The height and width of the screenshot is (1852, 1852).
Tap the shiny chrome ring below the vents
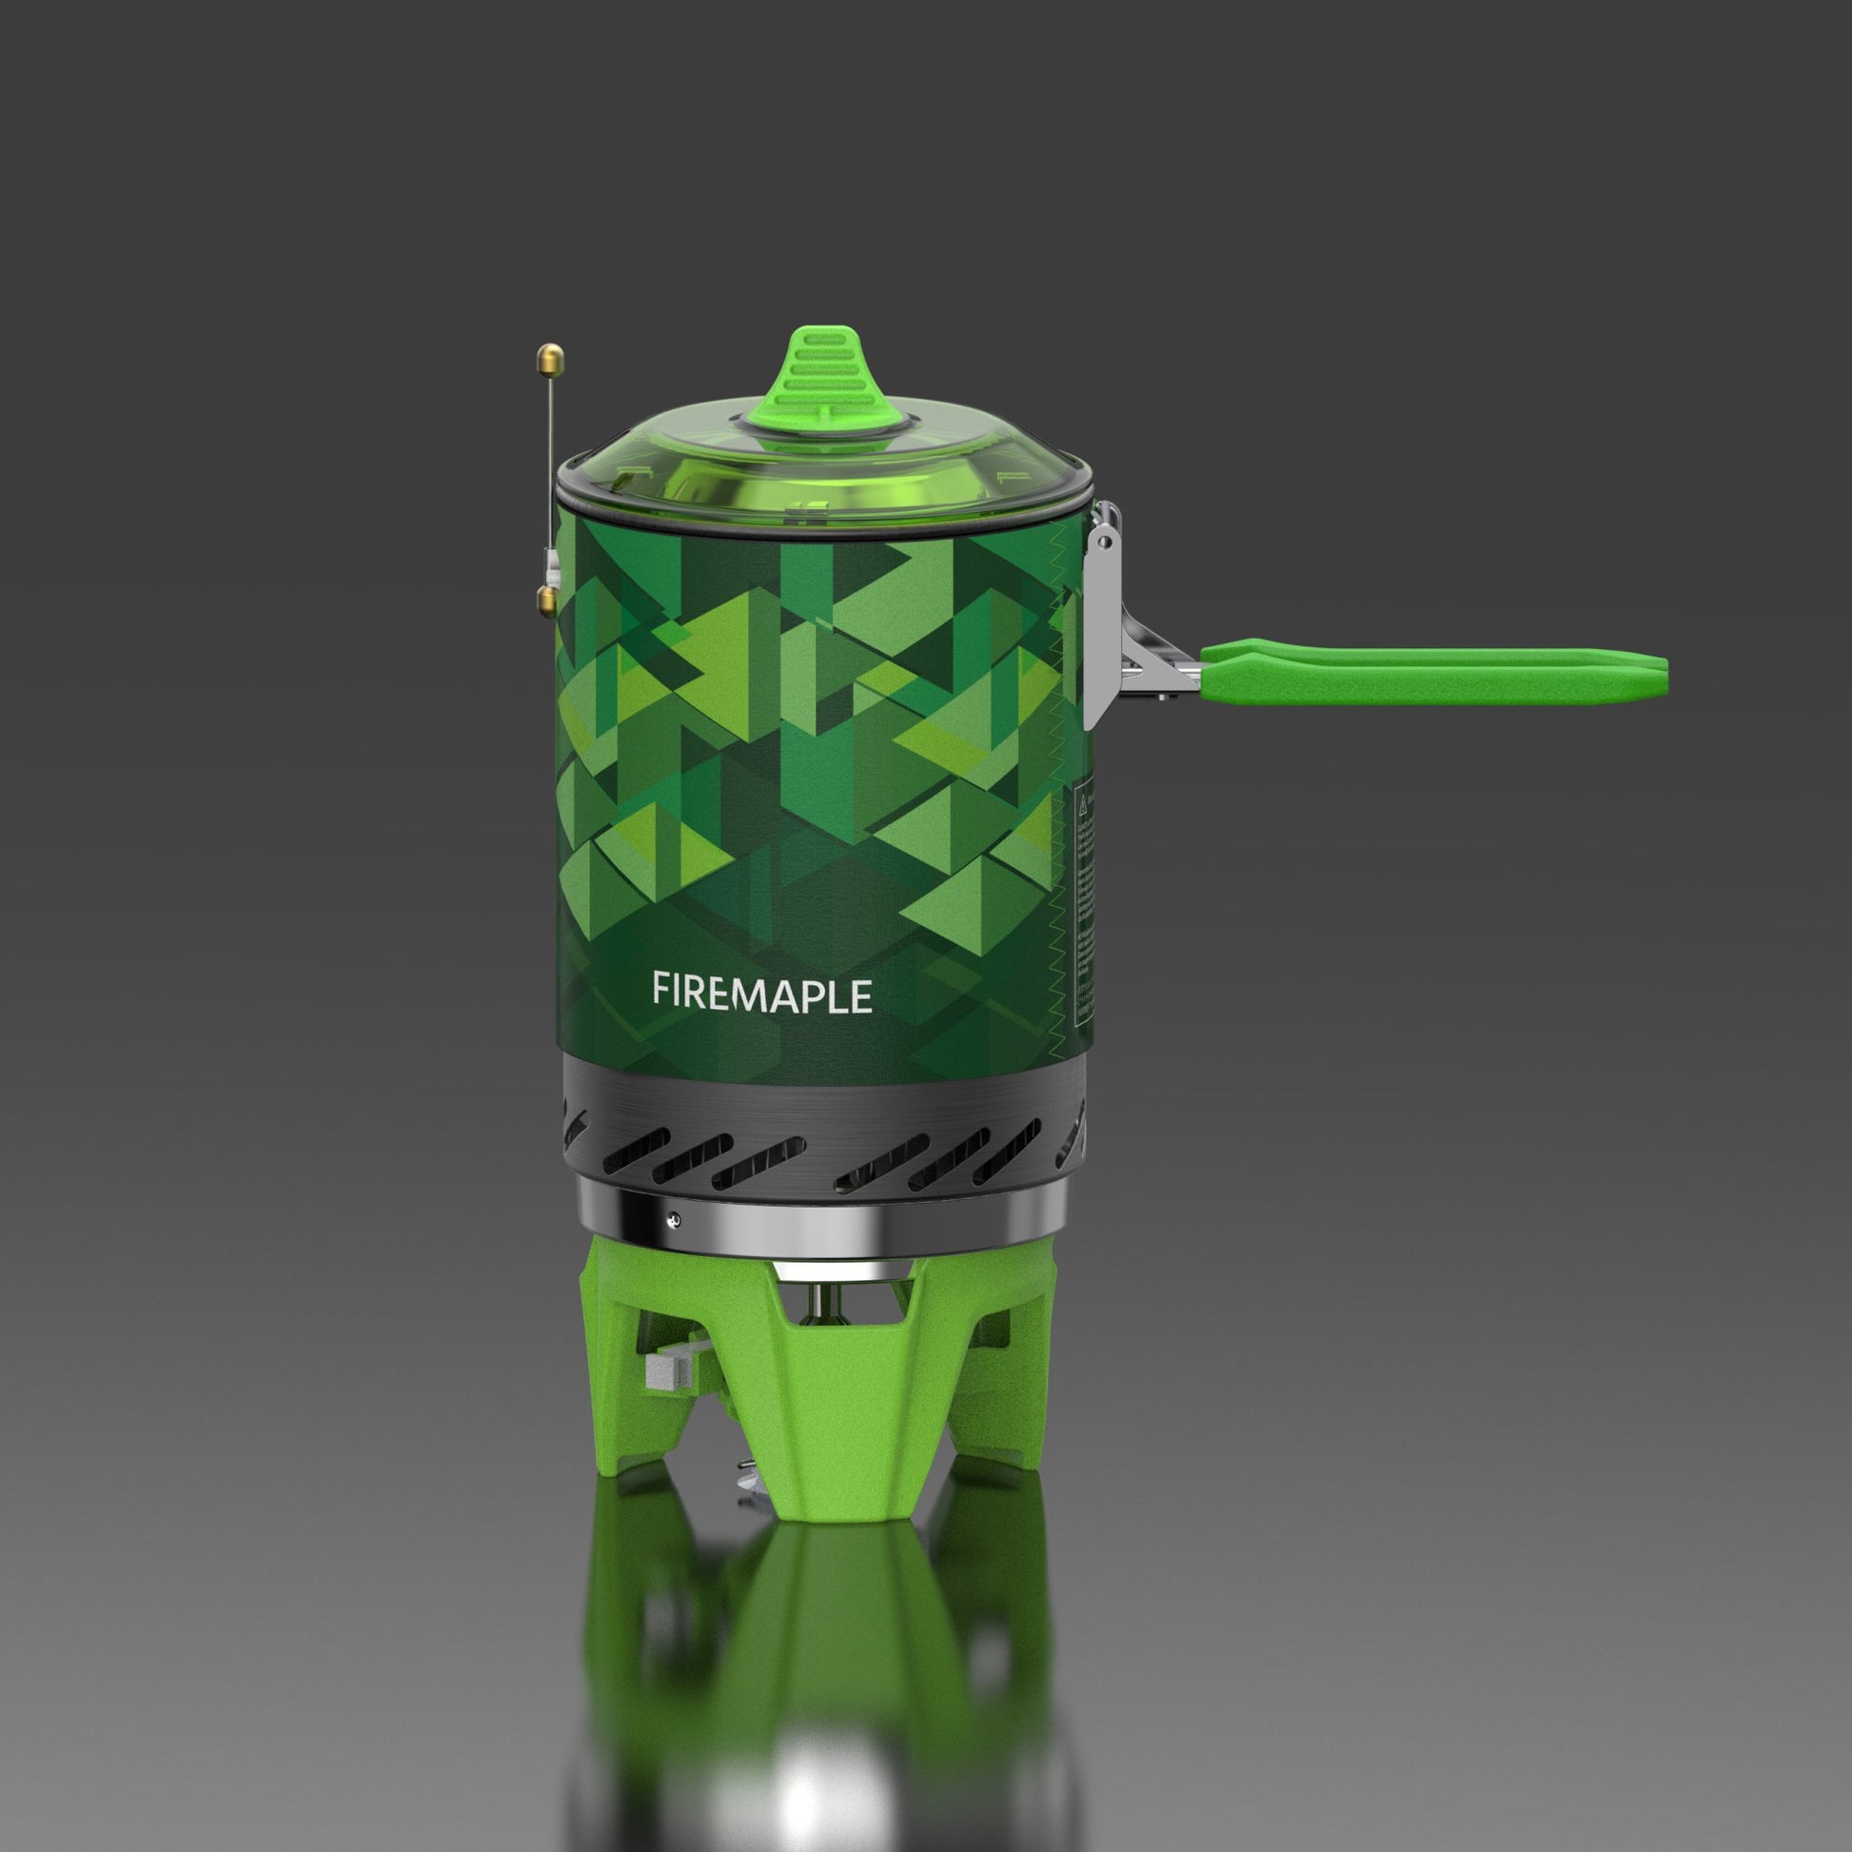(x=824, y=1227)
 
